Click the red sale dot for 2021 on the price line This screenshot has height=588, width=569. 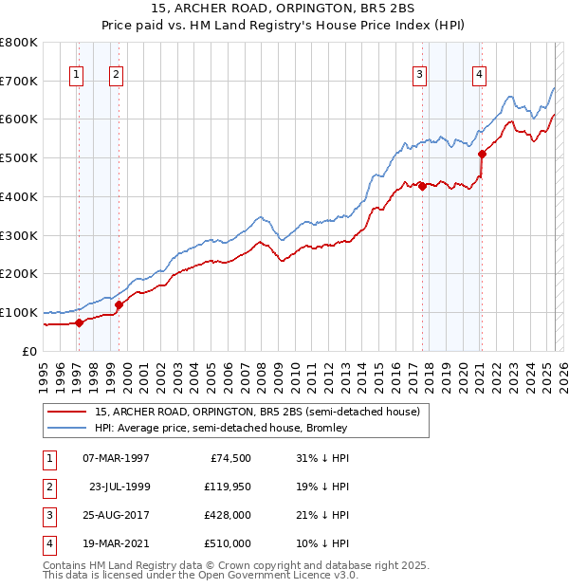pyautogui.click(x=482, y=154)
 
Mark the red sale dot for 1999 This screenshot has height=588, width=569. pyautogui.click(x=119, y=304)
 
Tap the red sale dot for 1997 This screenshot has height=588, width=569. pyautogui.click(x=80, y=322)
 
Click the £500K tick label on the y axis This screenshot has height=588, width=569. pyautogui.click(x=19, y=158)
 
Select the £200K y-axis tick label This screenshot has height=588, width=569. pyautogui.click(x=19, y=274)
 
